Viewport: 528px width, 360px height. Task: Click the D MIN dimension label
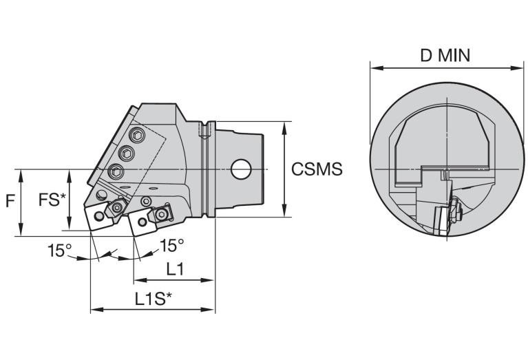click(x=445, y=55)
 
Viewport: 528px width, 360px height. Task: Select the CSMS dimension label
click(x=317, y=169)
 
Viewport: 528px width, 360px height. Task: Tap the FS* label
click(x=52, y=200)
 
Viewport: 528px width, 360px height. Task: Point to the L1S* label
click(x=154, y=298)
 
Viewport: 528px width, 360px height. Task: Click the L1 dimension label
click(x=175, y=269)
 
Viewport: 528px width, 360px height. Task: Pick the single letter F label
click(x=10, y=201)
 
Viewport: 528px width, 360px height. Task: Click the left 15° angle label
click(x=60, y=251)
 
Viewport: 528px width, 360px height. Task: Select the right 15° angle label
click(x=171, y=246)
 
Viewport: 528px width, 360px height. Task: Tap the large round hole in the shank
click(x=241, y=169)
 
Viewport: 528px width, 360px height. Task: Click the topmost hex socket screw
click(x=137, y=136)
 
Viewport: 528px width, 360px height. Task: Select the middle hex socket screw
click(x=127, y=154)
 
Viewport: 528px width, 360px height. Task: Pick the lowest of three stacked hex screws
click(x=116, y=172)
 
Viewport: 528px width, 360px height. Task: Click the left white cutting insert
click(x=98, y=217)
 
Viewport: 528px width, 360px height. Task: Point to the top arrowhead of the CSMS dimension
click(x=284, y=127)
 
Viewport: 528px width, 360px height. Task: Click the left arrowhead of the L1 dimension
click(x=140, y=280)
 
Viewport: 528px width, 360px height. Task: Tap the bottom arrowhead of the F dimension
click(x=21, y=230)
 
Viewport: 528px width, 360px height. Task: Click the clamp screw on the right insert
click(x=162, y=214)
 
